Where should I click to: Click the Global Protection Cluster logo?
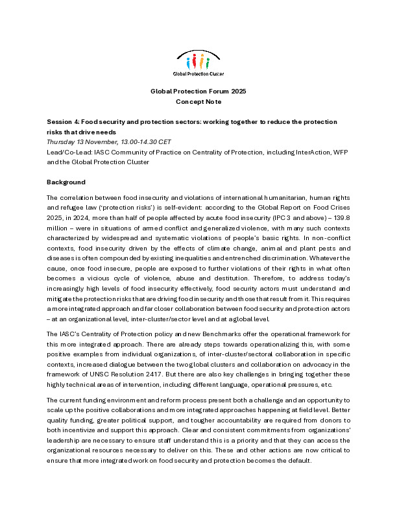(x=198, y=63)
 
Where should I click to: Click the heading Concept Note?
(x=198, y=102)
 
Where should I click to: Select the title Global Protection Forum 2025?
(x=198, y=92)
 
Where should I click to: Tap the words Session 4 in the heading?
(x=64, y=121)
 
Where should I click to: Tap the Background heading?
(x=66, y=182)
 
